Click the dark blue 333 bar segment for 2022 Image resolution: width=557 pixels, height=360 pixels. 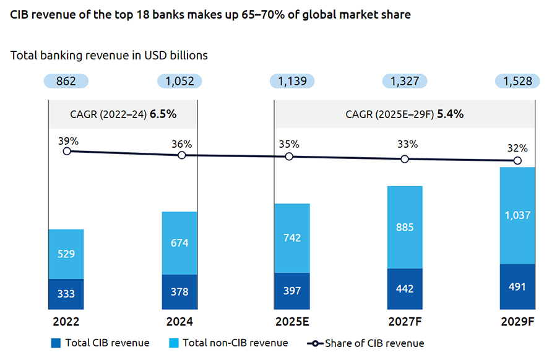click(x=66, y=294)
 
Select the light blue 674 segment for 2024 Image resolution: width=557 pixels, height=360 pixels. click(x=179, y=243)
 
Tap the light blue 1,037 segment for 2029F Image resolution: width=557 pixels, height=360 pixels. click(x=517, y=215)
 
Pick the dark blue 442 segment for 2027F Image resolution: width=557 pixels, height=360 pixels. click(x=404, y=289)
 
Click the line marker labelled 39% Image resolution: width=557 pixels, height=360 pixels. click(x=66, y=151)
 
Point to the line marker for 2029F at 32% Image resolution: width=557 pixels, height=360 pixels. click(x=517, y=161)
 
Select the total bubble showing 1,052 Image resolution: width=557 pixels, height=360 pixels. click(x=179, y=81)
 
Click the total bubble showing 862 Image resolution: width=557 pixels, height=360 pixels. click(x=66, y=81)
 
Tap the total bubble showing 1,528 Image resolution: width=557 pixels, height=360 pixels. click(x=517, y=81)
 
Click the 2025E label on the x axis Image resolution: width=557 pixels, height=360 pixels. click(x=291, y=322)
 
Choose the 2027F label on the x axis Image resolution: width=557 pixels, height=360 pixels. click(x=404, y=322)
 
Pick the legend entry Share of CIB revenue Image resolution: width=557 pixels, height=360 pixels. click(x=365, y=343)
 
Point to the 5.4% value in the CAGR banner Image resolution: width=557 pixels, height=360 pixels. click(x=451, y=114)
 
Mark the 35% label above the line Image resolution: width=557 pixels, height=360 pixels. click(x=289, y=144)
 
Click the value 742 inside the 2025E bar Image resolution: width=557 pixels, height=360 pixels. click(x=291, y=239)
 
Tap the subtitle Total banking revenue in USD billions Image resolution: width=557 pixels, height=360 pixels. click(x=109, y=55)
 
